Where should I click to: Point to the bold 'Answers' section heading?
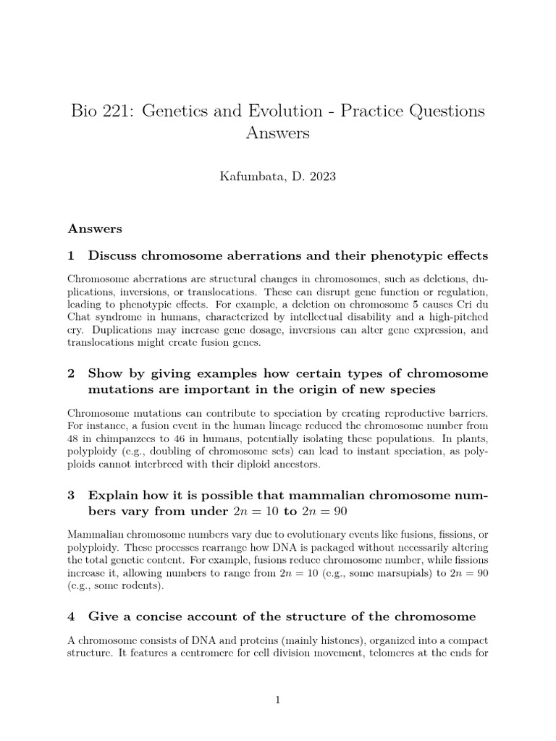(95, 229)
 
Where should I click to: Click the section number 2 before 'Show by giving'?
(72, 373)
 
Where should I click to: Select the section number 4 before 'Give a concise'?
(72, 617)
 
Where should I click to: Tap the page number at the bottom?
(278, 699)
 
